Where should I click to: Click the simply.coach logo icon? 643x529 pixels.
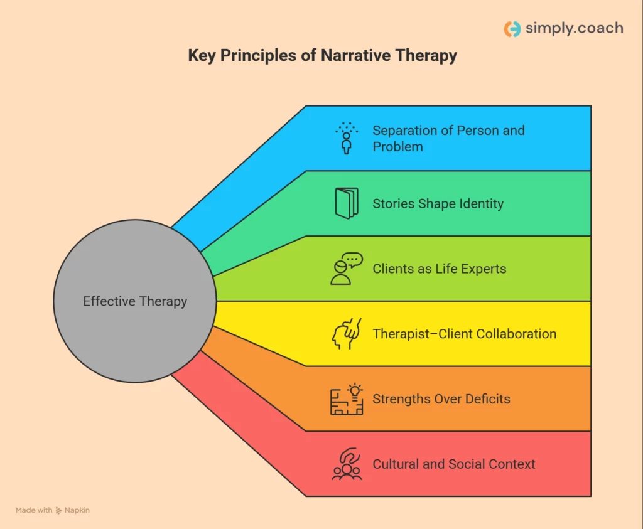click(512, 29)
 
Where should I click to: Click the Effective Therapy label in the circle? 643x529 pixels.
click(135, 301)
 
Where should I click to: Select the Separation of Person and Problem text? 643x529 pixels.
click(448, 138)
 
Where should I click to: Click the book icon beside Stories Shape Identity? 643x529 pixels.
click(347, 203)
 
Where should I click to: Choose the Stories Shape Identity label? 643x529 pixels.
click(438, 203)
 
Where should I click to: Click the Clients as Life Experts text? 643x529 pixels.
click(439, 269)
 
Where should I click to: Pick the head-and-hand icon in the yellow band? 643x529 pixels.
click(347, 334)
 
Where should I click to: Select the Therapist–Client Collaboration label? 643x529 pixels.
click(464, 334)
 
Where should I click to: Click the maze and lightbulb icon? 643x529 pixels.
click(347, 399)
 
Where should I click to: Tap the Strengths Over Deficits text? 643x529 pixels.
click(441, 399)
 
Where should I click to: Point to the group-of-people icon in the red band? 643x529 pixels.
click(347, 464)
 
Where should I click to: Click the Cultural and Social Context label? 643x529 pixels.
click(453, 464)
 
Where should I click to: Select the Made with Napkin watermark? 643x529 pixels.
click(53, 510)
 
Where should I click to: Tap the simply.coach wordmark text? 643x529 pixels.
click(575, 28)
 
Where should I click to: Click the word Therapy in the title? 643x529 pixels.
click(426, 56)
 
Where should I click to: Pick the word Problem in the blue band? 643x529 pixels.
click(397, 146)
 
